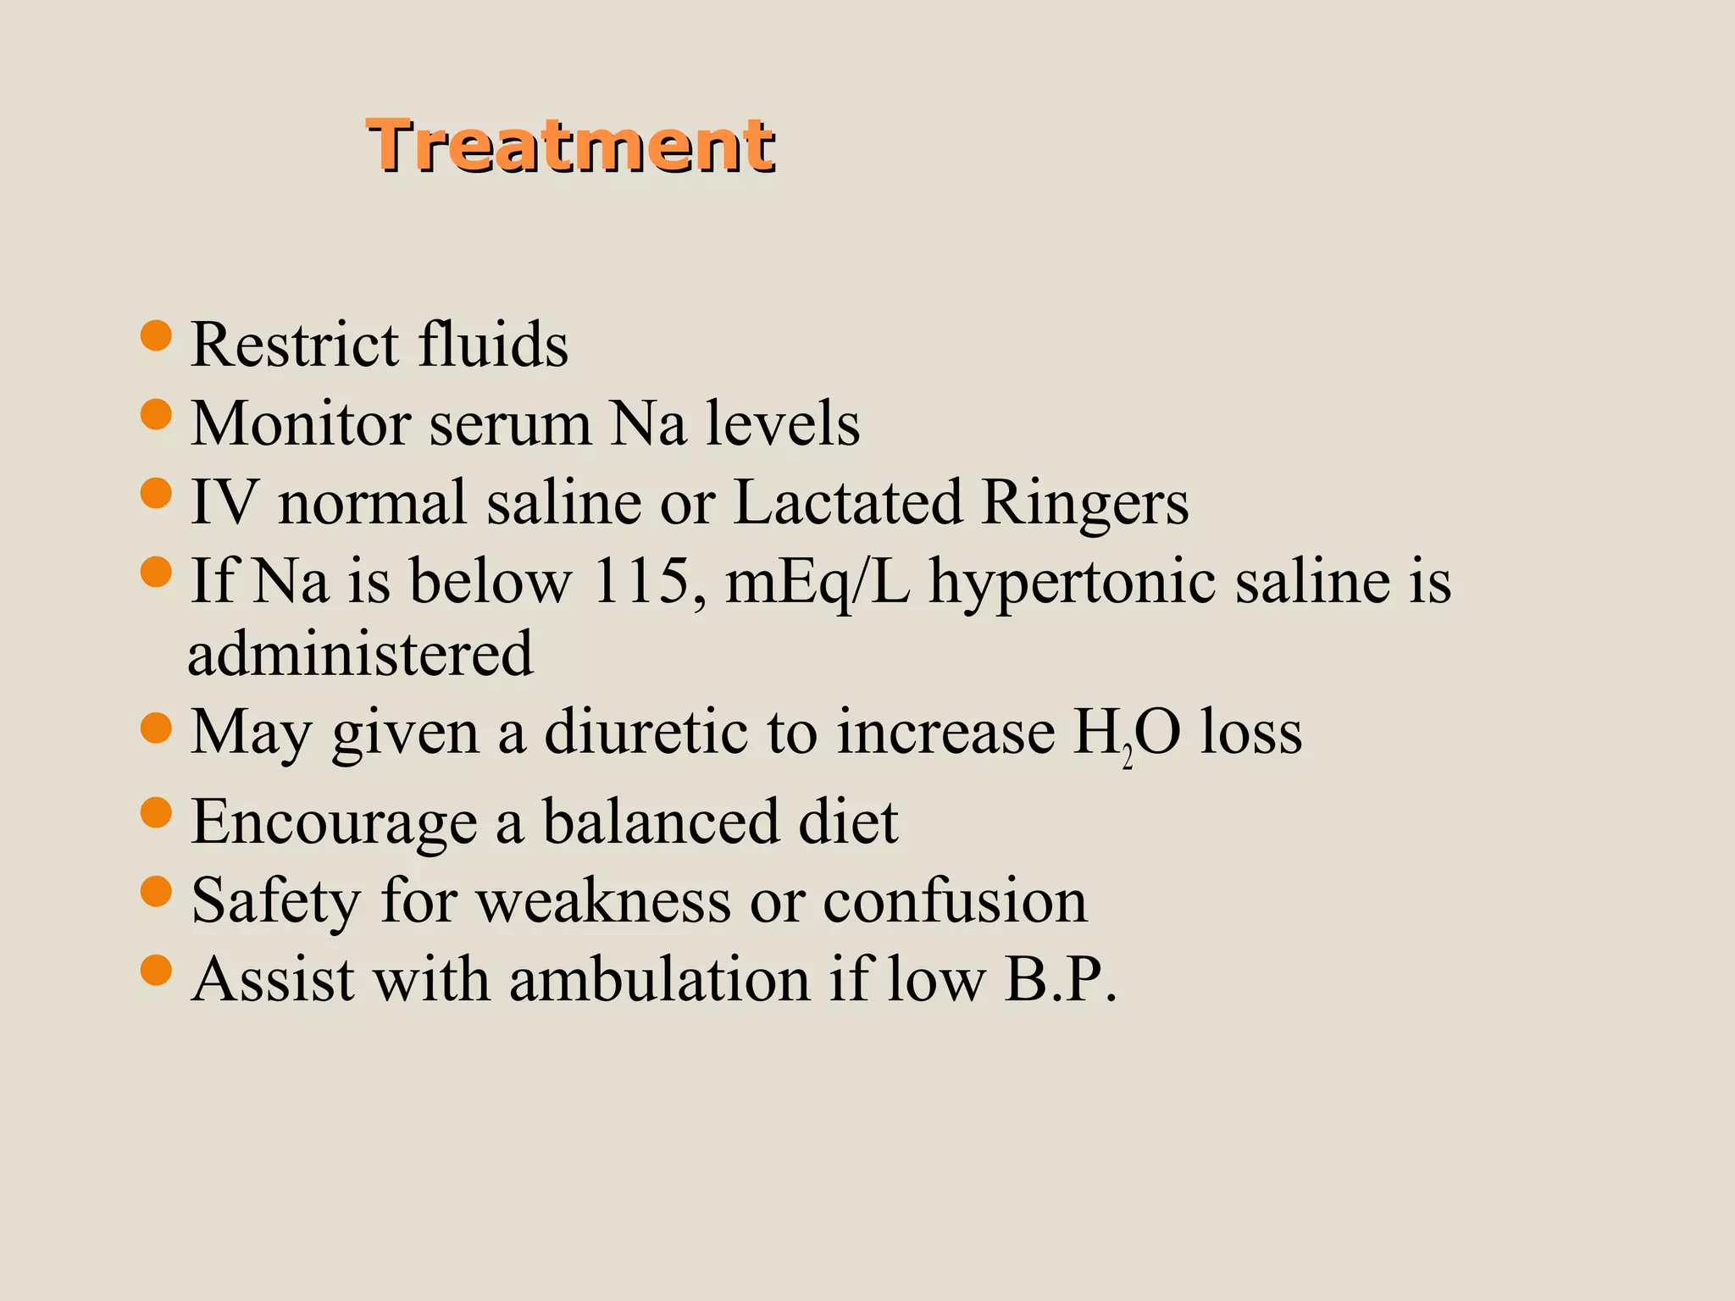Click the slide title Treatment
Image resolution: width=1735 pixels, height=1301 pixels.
570,147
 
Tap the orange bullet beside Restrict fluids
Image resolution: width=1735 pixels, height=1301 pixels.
156,335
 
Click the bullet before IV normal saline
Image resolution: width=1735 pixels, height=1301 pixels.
156,493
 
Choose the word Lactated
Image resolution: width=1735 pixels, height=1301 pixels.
847,502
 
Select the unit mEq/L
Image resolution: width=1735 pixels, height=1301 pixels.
818,583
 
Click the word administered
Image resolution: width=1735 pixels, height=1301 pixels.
361,654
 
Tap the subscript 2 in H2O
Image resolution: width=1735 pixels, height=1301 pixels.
1127,756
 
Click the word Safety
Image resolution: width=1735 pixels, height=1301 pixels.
276,901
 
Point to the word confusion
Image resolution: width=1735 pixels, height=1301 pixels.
955,900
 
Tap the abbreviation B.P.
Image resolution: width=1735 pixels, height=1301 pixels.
1060,979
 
